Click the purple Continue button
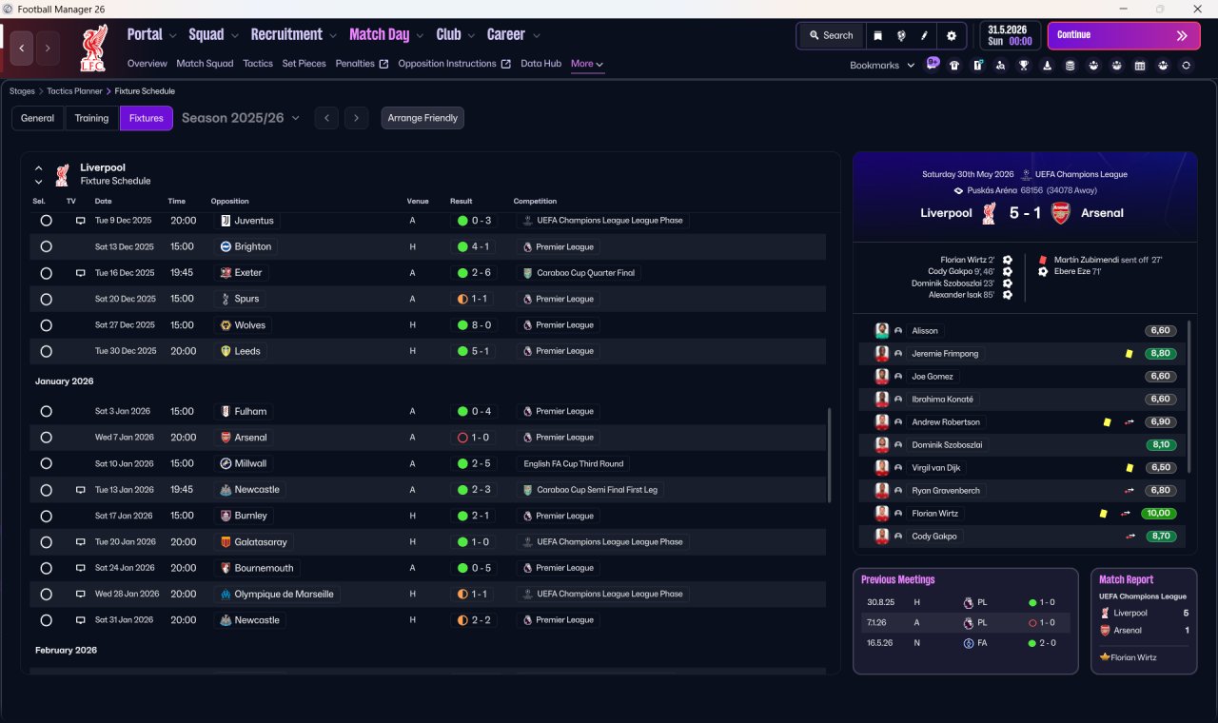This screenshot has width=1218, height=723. click(1124, 35)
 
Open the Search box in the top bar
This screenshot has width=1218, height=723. click(832, 35)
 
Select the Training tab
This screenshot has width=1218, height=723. click(91, 118)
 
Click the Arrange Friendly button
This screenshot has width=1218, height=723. click(422, 118)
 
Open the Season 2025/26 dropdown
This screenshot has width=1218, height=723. click(241, 118)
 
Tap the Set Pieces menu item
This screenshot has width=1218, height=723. click(304, 64)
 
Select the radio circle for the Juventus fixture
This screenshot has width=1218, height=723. click(47, 220)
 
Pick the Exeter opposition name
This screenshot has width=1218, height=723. click(248, 272)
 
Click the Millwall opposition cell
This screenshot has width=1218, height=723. click(244, 463)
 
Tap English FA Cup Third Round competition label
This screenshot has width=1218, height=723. click(573, 463)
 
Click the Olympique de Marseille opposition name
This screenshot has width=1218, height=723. click(284, 595)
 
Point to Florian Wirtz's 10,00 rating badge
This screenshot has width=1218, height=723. click(1159, 513)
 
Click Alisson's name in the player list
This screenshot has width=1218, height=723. click(925, 330)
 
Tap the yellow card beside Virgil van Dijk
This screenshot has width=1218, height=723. click(1130, 467)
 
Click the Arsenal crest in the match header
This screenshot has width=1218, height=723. click(1060, 213)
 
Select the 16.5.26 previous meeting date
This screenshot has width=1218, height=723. click(880, 643)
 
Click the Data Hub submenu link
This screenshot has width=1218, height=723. click(541, 64)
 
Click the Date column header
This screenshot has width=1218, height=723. click(104, 201)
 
